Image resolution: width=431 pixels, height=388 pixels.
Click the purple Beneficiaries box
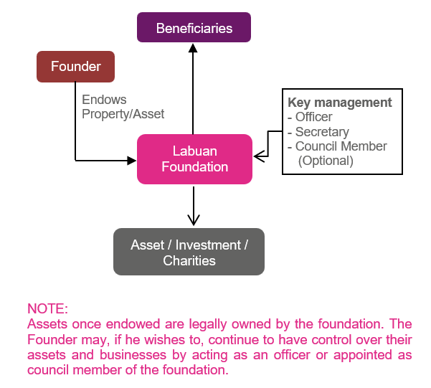coord(194,29)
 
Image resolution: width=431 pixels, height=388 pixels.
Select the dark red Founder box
coord(75,67)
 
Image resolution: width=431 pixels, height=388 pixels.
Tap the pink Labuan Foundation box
coord(194,159)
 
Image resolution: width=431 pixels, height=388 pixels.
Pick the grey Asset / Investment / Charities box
coord(189,252)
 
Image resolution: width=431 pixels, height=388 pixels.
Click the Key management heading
coord(340,103)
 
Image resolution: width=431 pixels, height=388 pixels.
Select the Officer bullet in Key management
coord(310,118)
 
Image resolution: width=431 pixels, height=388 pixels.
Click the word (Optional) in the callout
coord(326,161)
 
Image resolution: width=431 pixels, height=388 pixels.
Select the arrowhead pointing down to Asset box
coord(192,220)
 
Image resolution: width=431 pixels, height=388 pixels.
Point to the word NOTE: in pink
coord(47,309)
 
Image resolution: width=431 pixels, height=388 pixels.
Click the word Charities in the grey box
coord(189,260)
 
